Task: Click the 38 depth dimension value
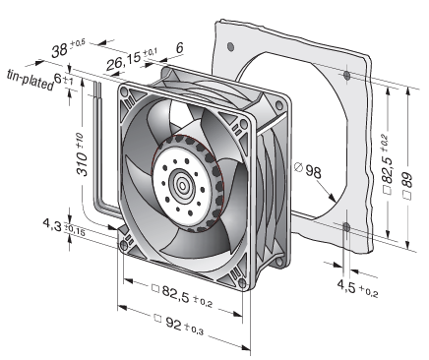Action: pos(59,50)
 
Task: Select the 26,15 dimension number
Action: pos(123,60)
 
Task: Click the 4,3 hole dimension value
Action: pos(52,225)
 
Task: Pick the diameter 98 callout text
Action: pos(309,171)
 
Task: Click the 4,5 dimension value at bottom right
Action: pos(346,286)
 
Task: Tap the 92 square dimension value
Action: pos(173,323)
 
